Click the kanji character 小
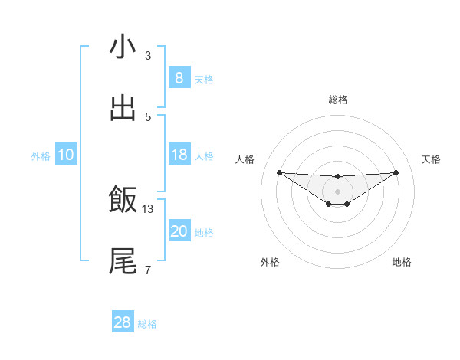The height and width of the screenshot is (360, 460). click(x=123, y=47)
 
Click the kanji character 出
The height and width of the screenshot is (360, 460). click(x=123, y=109)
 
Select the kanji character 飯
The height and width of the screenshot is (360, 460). click(x=123, y=201)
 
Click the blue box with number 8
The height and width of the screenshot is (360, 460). click(x=179, y=78)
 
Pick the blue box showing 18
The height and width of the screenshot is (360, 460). click(x=179, y=155)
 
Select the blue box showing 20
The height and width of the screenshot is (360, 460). click(x=179, y=232)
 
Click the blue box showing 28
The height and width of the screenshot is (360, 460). click(x=123, y=322)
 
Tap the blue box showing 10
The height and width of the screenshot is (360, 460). click(x=65, y=155)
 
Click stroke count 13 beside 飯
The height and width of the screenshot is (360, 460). click(x=148, y=208)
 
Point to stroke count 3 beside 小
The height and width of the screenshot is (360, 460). click(x=148, y=55)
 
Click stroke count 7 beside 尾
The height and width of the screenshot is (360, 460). click(x=148, y=270)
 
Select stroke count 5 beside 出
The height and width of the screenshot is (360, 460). click(x=148, y=116)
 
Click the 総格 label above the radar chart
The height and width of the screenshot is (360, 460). click(x=337, y=100)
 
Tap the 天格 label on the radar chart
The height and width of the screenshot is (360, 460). click(x=432, y=159)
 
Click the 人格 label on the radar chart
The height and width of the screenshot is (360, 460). click(x=245, y=159)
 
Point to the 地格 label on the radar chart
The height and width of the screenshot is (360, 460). click(x=402, y=262)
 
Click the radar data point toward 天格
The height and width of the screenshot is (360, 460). click(x=396, y=172)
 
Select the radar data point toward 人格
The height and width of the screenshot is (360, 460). click(x=279, y=172)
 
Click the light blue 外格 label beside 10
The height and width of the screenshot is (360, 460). click(x=41, y=156)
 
